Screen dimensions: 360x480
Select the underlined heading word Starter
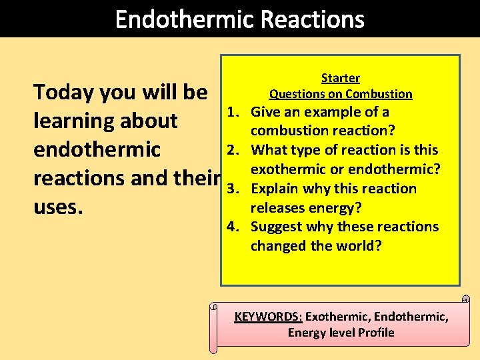tap(341, 78)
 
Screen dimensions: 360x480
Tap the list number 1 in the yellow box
tap(232, 112)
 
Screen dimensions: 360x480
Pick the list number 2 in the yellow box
tap(232, 150)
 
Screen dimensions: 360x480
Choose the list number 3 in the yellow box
tap(232, 189)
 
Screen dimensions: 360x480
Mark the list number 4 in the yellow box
tap(232, 227)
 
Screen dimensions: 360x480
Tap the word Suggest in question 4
tap(276, 227)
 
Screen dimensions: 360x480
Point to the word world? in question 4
tap(357, 245)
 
